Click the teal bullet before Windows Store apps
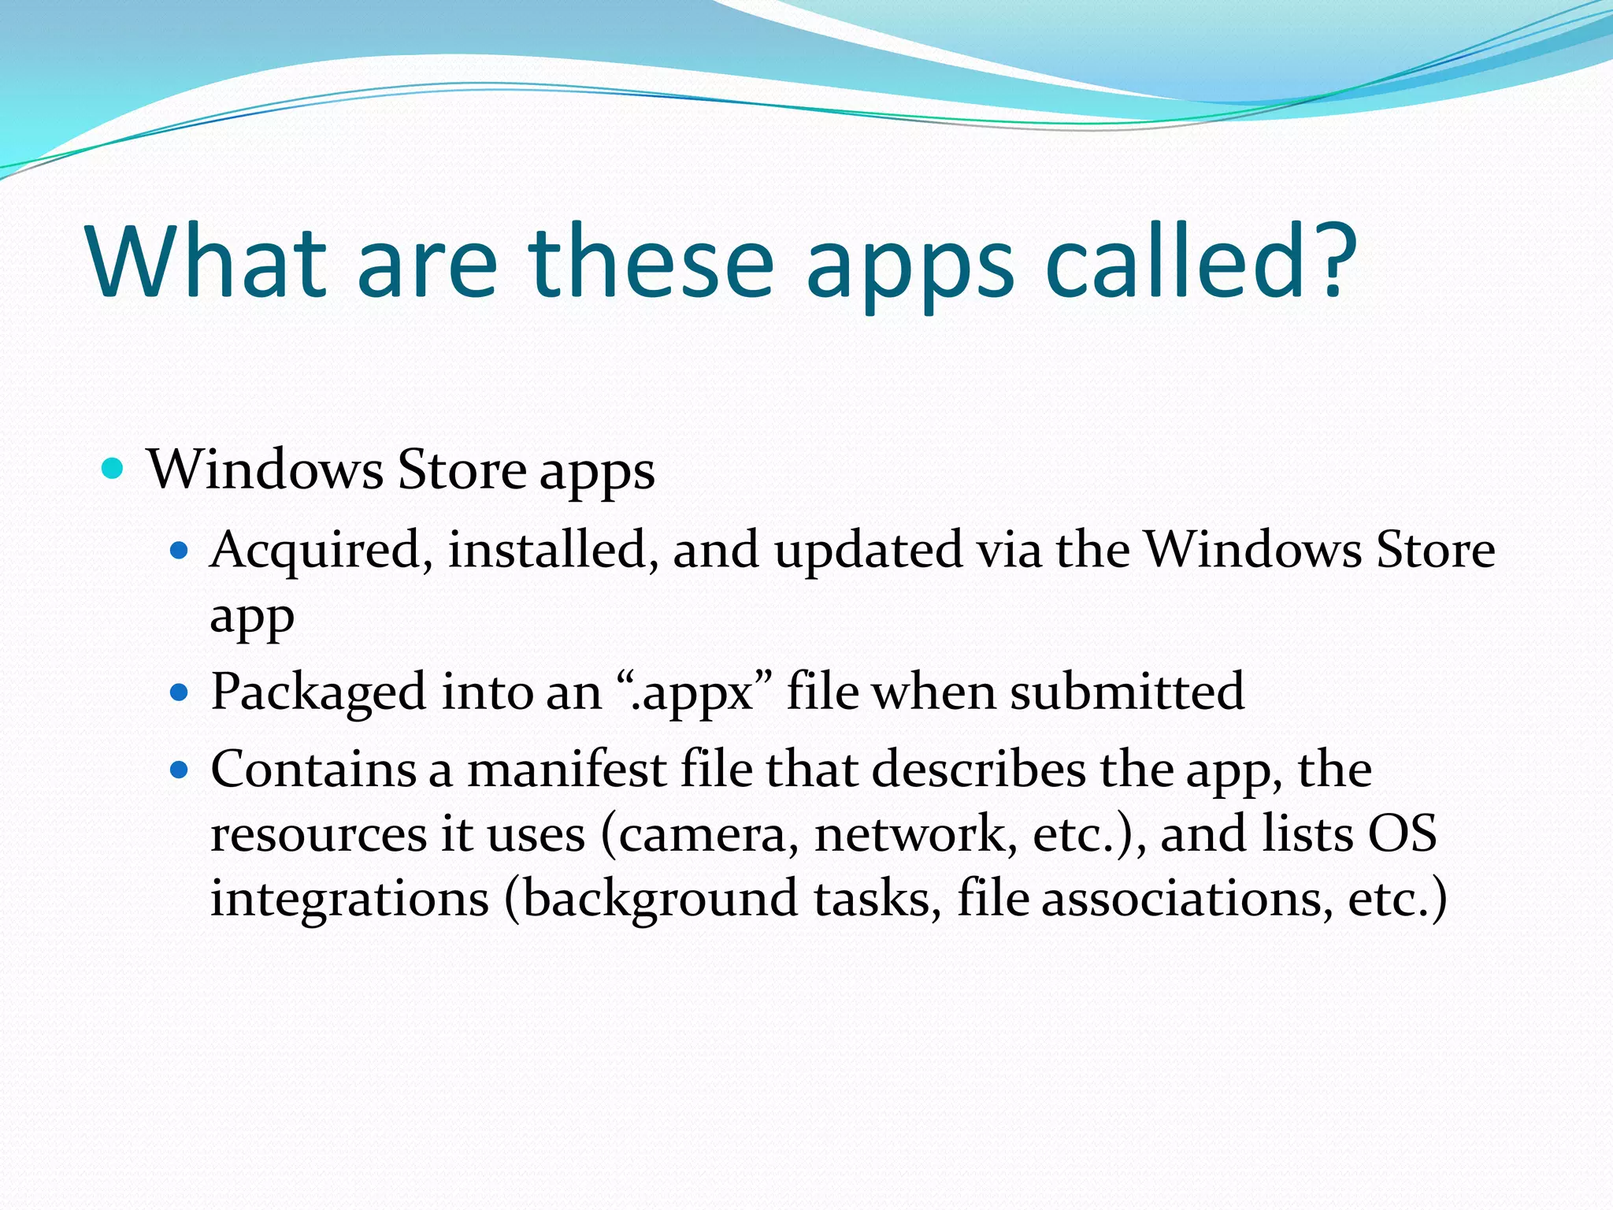[x=113, y=470]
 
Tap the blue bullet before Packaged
[x=180, y=692]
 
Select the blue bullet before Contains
[x=180, y=770]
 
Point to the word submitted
[x=1127, y=692]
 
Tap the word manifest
[x=567, y=770]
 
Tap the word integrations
[x=350, y=900]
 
